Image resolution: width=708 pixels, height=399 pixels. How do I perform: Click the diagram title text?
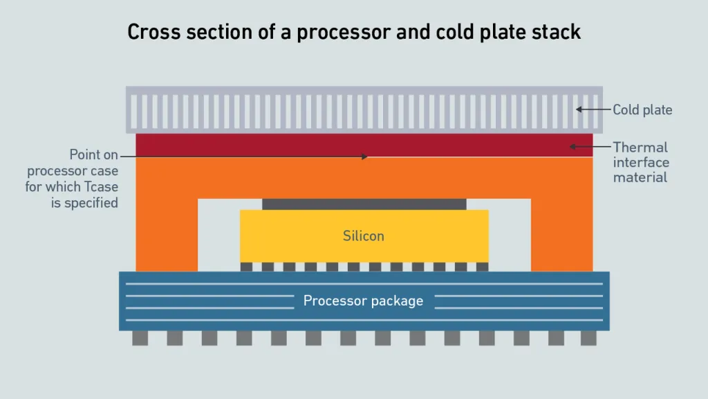coord(354,32)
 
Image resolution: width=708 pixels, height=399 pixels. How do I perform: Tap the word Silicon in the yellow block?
coord(364,236)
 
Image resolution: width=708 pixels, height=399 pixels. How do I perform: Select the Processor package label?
coord(364,301)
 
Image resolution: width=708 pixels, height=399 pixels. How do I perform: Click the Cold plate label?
coord(642,109)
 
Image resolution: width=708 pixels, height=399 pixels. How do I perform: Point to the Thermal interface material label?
coord(641,162)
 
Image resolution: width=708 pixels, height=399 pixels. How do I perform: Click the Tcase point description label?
coord(73,178)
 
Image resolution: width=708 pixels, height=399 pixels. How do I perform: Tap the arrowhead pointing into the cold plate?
coord(579,109)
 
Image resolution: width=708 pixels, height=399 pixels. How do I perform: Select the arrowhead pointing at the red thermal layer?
coord(572,147)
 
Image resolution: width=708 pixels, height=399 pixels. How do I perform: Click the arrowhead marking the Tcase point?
coord(364,157)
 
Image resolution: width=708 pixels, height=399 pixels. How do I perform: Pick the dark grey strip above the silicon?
coord(364,204)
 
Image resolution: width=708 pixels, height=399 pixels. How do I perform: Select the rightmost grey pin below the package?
coord(588,338)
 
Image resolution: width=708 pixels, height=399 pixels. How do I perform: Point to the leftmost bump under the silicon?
coord(246,267)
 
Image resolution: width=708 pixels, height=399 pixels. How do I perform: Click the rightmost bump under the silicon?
coord(482,267)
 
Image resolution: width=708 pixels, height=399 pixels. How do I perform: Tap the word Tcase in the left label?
coord(102,187)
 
